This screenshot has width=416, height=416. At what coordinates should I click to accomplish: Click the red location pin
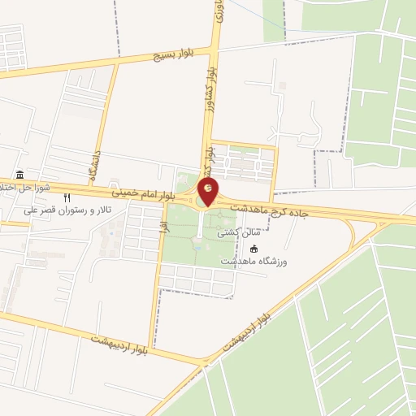pyautogui.click(x=209, y=193)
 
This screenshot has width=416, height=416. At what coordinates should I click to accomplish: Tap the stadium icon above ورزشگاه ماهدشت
pyautogui.click(x=253, y=249)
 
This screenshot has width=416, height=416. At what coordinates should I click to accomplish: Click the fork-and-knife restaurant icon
pyautogui.click(x=67, y=197)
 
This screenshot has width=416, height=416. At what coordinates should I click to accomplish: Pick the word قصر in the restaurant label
pyautogui.click(x=46, y=210)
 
